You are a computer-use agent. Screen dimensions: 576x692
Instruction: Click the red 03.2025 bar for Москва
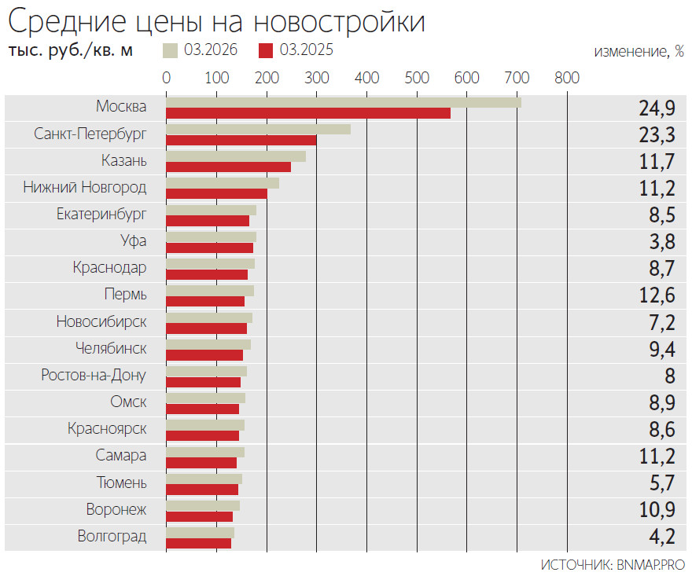308,113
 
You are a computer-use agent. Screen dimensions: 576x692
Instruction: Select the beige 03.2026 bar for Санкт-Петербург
258,129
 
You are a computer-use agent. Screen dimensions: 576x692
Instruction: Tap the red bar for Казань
228,167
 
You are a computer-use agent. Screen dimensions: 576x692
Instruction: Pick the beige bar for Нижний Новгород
223,183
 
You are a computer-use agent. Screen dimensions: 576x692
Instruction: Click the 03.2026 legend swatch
170,51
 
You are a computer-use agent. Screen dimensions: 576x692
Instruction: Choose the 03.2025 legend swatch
266,51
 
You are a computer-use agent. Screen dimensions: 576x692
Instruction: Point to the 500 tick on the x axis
417,78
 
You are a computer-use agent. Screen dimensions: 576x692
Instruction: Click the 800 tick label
566,78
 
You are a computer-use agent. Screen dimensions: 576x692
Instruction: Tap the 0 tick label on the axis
167,78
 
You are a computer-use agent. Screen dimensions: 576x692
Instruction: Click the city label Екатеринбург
101,214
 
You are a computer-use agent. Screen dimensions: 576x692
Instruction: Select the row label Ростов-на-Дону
94,375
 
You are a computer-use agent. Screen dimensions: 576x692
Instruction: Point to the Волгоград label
112,537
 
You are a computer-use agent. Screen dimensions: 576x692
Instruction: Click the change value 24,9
657,108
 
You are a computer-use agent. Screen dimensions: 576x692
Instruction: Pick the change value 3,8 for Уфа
662,242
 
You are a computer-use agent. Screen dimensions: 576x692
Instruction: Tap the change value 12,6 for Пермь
657,295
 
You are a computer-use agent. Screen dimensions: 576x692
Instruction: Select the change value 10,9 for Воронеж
657,510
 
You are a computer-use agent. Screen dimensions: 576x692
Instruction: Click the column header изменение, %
638,52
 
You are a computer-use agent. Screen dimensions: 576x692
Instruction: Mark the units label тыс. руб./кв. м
71,51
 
